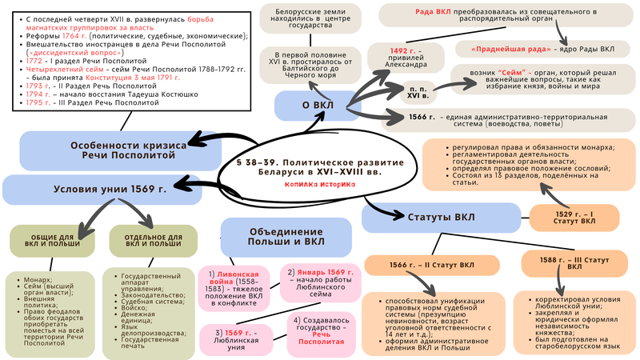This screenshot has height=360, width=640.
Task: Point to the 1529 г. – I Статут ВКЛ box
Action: coord(574,216)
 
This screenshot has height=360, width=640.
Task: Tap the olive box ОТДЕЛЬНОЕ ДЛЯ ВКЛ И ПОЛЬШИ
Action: coord(142,242)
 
